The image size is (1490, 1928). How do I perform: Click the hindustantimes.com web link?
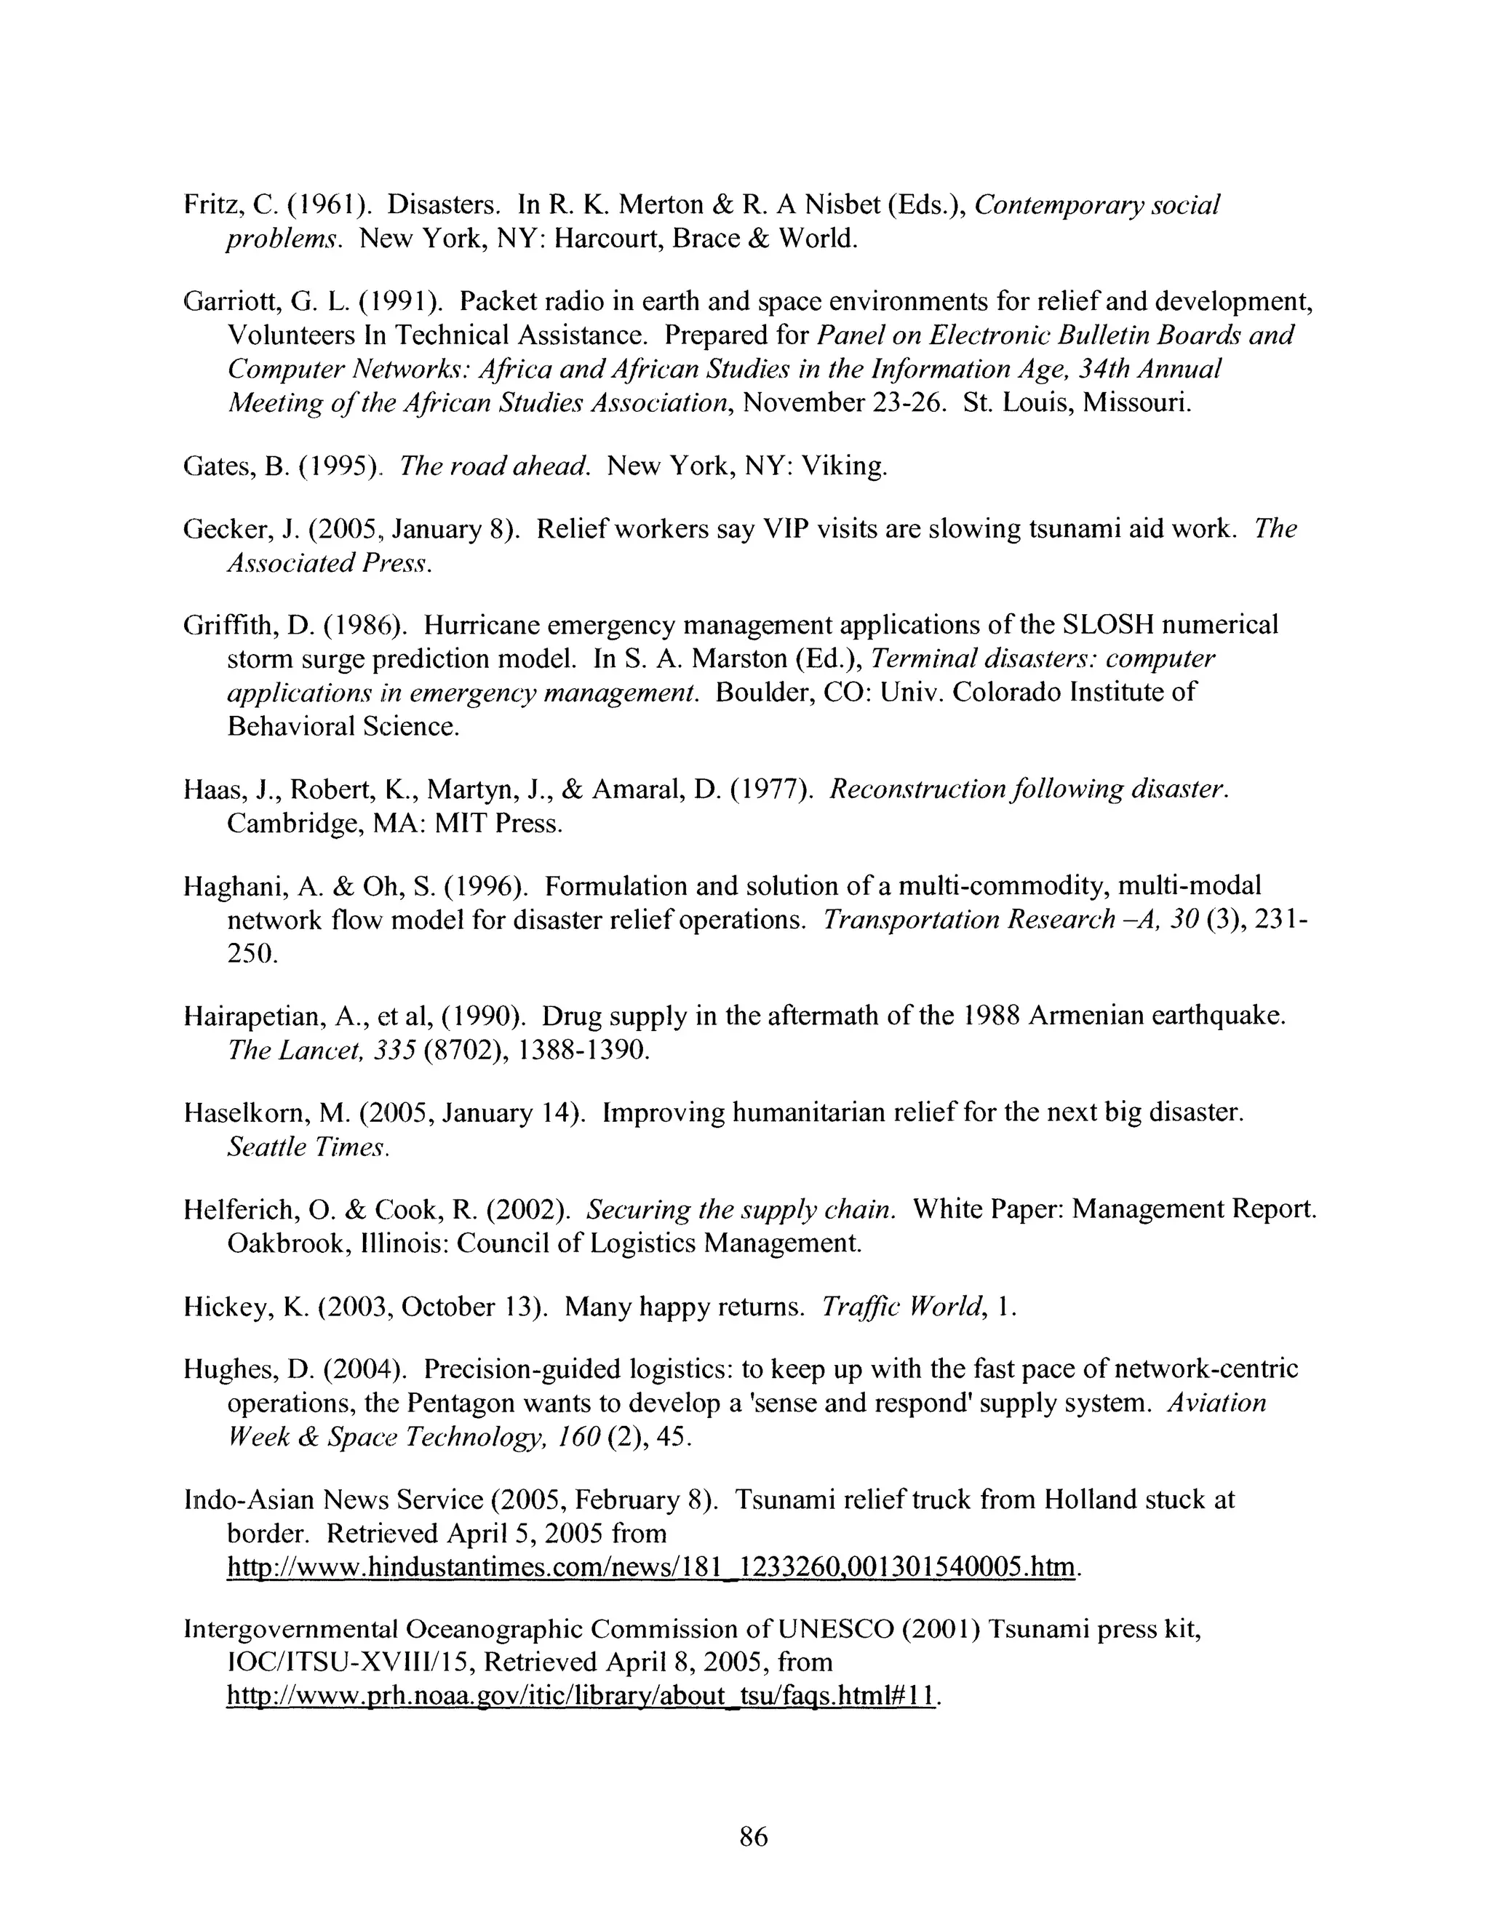point(651,1566)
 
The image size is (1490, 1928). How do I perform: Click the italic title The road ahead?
point(494,465)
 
